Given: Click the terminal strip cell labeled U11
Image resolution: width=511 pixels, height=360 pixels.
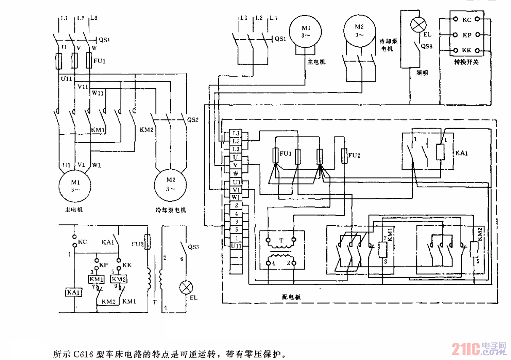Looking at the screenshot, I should coord(236,245).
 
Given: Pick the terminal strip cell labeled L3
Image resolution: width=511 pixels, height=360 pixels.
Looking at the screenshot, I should coord(236,149).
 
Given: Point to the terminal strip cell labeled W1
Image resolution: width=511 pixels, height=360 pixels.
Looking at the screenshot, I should coord(236,197).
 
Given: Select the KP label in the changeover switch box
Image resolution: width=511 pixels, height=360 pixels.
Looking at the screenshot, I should coord(466,35).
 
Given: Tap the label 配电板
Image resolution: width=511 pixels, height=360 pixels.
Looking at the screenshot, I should coord(292,297).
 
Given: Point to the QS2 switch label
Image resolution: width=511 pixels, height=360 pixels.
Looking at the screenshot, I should coord(192,119).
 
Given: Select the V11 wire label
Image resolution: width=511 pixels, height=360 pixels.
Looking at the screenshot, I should coord(83,86).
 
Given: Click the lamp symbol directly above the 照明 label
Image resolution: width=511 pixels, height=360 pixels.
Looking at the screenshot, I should coord(417,24).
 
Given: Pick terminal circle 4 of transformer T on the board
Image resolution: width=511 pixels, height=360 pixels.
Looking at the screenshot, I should coord(270,264).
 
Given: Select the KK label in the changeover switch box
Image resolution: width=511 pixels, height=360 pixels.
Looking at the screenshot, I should coord(466,51).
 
